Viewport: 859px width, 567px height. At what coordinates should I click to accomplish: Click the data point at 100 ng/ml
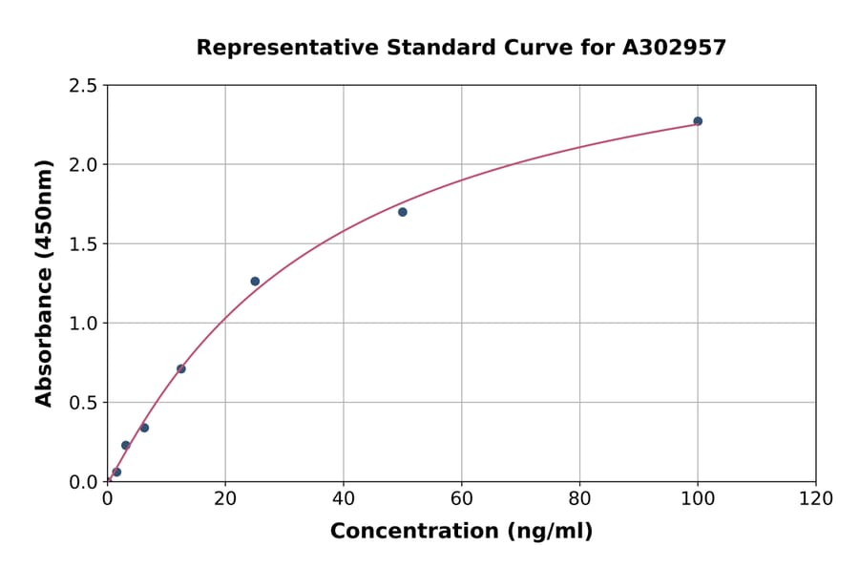[698, 121]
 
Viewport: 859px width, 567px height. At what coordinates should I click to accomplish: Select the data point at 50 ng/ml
[403, 212]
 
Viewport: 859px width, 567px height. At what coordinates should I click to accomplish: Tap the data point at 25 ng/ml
[255, 282]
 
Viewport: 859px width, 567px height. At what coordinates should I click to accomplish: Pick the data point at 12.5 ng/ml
[181, 368]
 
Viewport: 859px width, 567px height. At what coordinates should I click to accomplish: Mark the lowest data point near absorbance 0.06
[116, 472]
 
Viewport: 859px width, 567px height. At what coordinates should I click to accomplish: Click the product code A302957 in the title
[675, 47]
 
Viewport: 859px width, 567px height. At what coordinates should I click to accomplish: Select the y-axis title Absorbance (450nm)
[44, 283]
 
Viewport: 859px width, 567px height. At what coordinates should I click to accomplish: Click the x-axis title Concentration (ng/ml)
[461, 531]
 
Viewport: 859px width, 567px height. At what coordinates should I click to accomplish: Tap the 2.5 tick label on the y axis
[84, 86]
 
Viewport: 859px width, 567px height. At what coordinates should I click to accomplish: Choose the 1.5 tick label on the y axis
[84, 244]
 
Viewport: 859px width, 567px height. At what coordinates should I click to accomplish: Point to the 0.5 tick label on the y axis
[84, 403]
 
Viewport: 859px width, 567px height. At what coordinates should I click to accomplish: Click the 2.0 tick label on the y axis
[84, 165]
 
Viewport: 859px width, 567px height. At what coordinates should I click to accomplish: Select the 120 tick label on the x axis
[816, 498]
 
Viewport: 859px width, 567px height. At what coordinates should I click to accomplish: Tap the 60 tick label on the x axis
[461, 498]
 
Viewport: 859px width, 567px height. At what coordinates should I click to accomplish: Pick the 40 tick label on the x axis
[344, 498]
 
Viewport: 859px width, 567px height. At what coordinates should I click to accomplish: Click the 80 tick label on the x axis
[579, 498]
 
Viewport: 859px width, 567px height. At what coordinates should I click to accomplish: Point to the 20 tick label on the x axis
[225, 498]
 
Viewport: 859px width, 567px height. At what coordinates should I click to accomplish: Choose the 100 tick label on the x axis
[698, 498]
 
